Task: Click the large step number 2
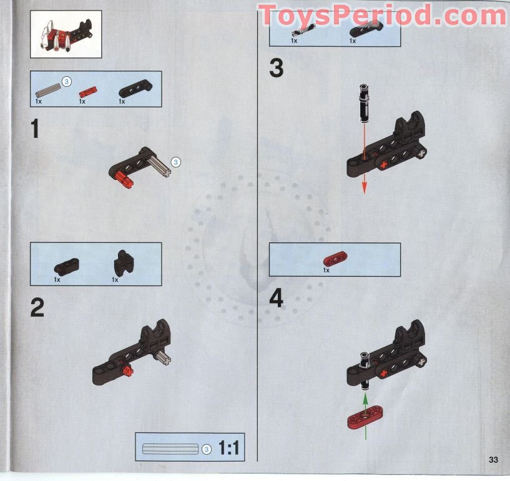37,307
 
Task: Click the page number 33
493,460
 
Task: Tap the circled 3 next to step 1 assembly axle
176,162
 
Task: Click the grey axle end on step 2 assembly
166,358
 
